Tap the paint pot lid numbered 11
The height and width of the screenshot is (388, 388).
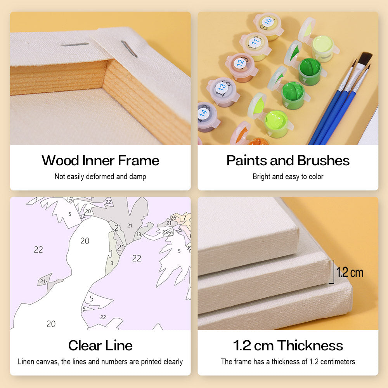click(x=255, y=42)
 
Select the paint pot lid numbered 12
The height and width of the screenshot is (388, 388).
click(x=240, y=63)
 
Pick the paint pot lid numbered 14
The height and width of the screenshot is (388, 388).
click(x=203, y=113)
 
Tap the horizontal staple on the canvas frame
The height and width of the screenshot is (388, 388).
click(x=75, y=45)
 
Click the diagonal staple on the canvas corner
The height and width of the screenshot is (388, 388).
click(x=129, y=49)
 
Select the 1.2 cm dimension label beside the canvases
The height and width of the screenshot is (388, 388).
click(x=350, y=272)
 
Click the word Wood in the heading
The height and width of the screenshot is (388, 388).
click(x=60, y=160)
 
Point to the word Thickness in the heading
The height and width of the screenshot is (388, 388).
click(x=310, y=345)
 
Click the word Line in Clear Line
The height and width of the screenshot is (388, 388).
click(x=119, y=345)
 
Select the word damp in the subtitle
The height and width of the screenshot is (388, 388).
click(x=138, y=177)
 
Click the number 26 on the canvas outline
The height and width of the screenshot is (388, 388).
click(x=173, y=218)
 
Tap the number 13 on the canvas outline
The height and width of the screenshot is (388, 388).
click(x=139, y=234)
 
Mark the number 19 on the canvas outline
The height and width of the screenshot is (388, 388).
click(x=70, y=198)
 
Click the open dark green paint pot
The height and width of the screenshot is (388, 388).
click(x=310, y=71)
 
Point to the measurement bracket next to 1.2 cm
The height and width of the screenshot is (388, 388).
click(x=333, y=272)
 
